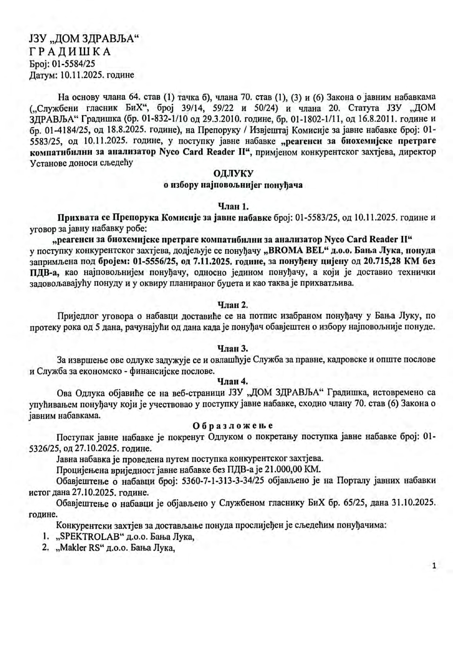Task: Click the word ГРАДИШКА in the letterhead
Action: point(70,52)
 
